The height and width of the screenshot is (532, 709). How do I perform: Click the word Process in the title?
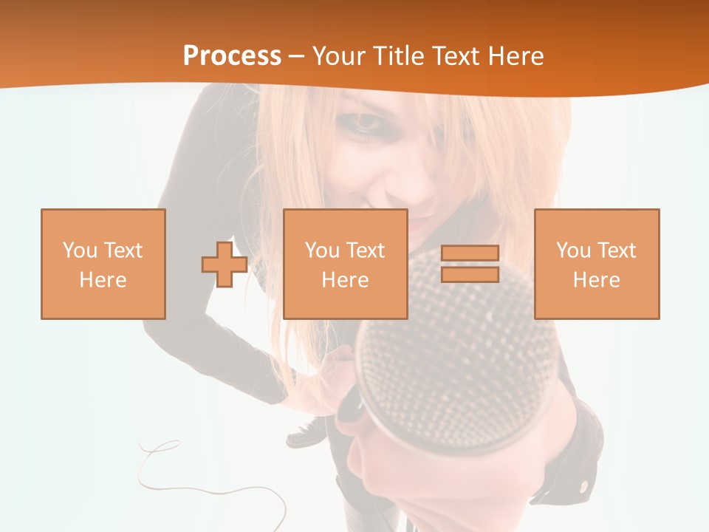tap(232, 55)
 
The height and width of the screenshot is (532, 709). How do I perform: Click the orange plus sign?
tap(225, 265)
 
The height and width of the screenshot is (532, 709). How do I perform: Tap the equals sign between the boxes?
tap(470, 264)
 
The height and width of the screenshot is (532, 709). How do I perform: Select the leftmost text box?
tap(103, 264)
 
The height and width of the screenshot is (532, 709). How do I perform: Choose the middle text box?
tap(345, 264)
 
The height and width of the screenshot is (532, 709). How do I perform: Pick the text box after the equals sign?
tap(596, 264)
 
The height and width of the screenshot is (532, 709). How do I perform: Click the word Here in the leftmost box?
tap(103, 280)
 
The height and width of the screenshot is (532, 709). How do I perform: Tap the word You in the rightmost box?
tap(574, 250)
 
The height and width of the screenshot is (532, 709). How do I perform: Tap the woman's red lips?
tap(418, 219)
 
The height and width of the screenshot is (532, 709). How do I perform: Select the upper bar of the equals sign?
tap(470, 253)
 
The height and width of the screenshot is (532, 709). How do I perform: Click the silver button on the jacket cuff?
tap(583, 486)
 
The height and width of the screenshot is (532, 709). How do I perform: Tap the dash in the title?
tap(297, 55)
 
